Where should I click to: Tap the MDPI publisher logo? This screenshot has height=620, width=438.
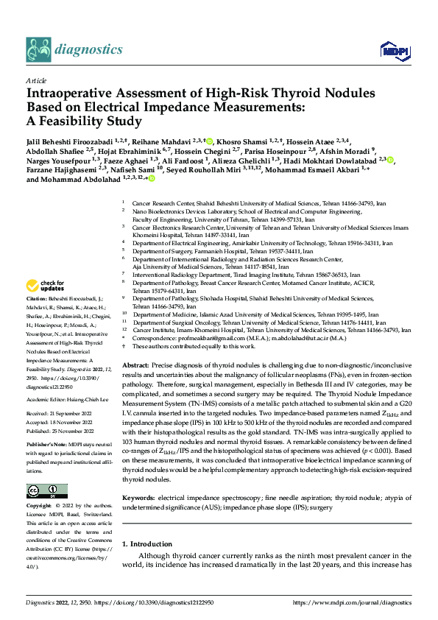(x=391, y=49)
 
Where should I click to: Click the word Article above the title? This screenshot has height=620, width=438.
(x=36, y=80)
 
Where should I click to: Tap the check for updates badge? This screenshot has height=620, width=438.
(x=46, y=286)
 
